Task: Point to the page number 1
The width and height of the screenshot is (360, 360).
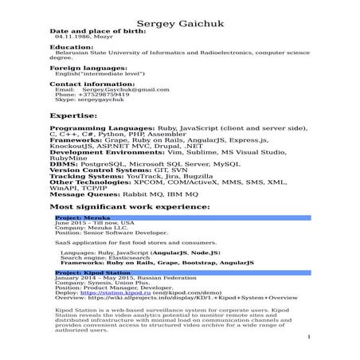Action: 307,338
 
